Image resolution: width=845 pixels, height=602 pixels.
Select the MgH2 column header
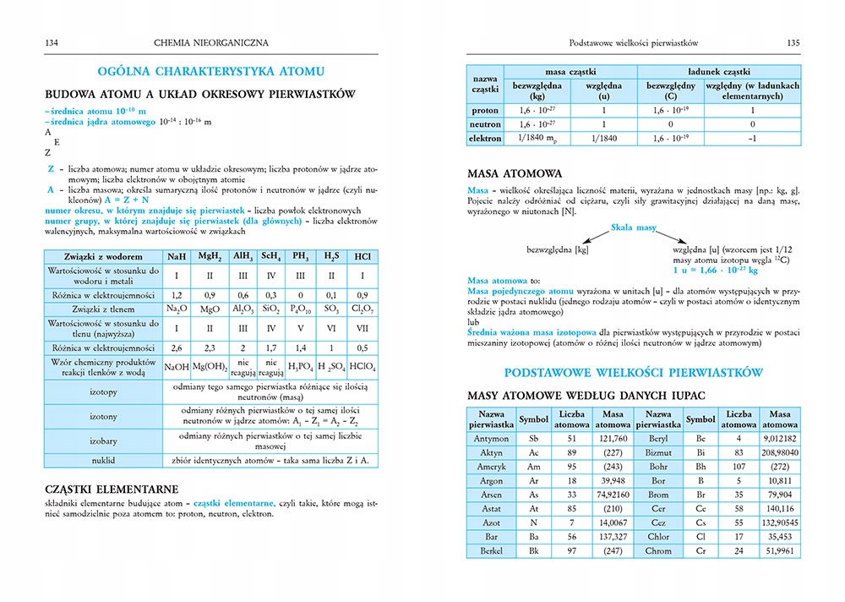210,256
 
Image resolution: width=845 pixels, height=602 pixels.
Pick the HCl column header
363,256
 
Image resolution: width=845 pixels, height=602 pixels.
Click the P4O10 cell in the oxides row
299,309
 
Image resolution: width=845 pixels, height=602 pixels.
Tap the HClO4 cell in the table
363,366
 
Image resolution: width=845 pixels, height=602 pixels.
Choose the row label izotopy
104,392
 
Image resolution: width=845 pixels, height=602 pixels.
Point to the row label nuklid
104,460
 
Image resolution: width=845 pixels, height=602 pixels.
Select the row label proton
485,110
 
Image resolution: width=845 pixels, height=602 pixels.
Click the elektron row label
485,138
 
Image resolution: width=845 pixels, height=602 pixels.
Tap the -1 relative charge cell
751,138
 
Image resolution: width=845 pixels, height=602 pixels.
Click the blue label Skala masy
634,228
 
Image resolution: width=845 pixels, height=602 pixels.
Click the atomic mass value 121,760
613,439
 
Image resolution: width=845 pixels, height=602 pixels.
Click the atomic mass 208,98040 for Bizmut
780,453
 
